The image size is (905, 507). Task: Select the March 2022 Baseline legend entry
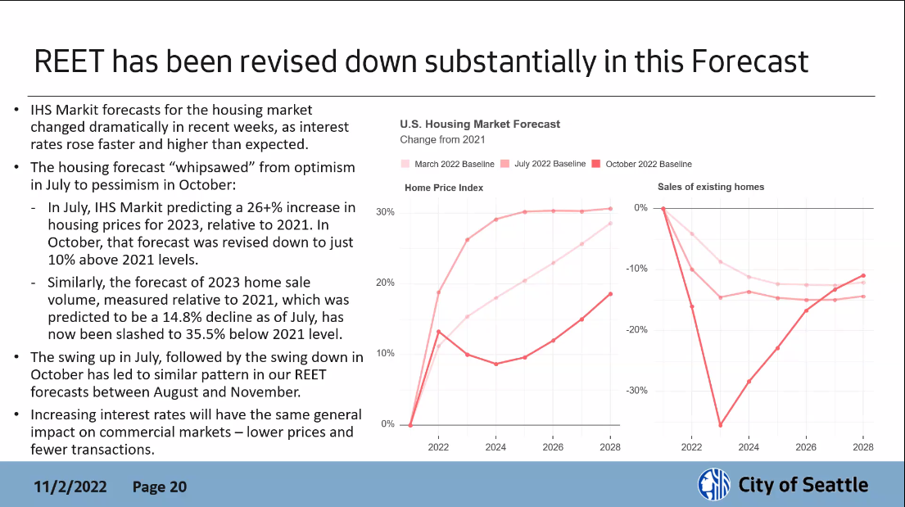point(454,164)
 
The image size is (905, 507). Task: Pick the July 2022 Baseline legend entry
point(550,164)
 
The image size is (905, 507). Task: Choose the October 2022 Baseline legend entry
point(648,164)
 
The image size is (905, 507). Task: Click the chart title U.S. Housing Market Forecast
point(480,124)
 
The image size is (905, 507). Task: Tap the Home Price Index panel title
point(444,188)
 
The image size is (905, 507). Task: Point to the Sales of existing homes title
point(711,187)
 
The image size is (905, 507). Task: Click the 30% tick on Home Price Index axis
point(385,212)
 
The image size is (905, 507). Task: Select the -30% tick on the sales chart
point(636,391)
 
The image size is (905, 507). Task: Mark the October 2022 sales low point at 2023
point(720,425)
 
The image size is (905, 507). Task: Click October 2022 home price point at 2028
point(610,294)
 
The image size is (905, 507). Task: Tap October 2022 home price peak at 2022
point(438,332)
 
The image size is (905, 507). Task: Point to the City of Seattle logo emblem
point(713,485)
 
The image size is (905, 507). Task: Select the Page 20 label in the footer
point(160,487)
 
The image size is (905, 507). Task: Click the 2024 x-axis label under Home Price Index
point(495,447)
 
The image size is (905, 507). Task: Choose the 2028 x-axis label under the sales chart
point(862,447)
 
